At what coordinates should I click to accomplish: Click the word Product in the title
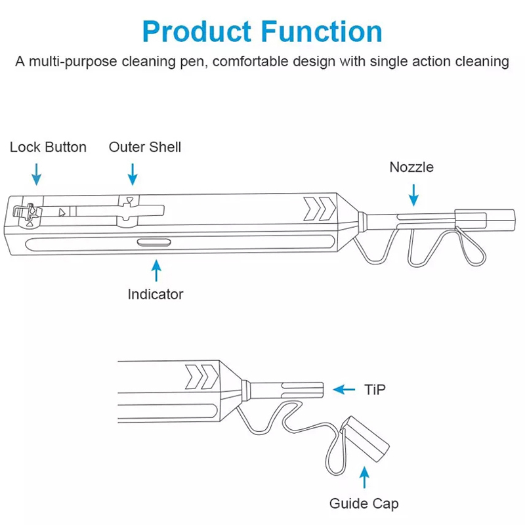click(197, 31)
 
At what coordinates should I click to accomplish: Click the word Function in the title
click(322, 31)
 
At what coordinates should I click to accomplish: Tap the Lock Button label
click(48, 147)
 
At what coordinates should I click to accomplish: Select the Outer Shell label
click(145, 147)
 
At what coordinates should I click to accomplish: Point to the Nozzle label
click(411, 167)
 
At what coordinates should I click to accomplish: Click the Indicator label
click(156, 294)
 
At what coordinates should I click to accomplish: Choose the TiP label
click(375, 390)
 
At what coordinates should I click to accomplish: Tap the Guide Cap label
click(364, 503)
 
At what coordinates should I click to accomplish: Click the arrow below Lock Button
click(37, 175)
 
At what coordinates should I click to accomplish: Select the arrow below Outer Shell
click(133, 175)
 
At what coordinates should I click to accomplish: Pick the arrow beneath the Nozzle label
click(414, 195)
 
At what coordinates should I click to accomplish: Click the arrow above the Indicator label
click(156, 270)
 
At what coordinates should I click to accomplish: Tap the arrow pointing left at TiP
click(344, 389)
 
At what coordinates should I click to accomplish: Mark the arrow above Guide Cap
click(364, 478)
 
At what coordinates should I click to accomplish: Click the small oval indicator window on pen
click(154, 242)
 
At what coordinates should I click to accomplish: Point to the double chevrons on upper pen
click(320, 209)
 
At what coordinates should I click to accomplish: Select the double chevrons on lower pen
click(201, 377)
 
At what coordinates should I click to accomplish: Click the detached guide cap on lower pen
click(365, 439)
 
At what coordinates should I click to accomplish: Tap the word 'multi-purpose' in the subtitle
click(73, 62)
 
